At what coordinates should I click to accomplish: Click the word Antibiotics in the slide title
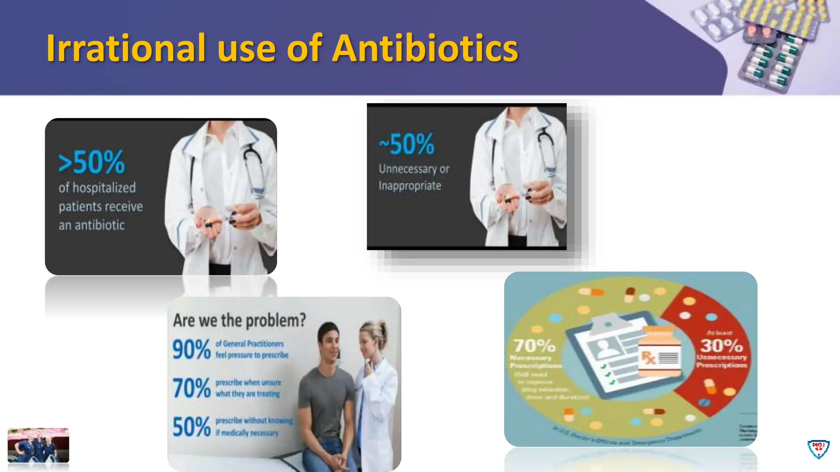pos(425,48)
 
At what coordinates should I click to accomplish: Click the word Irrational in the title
pos(126,48)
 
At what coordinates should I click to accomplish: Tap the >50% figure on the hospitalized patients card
pos(91,162)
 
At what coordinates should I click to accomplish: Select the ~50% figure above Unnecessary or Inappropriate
pos(406,144)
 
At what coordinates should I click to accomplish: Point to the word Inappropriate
pos(410,186)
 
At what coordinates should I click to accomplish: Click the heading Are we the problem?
pos(239,320)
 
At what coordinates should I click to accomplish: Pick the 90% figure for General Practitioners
pos(191,349)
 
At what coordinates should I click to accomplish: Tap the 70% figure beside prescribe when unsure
pos(191,388)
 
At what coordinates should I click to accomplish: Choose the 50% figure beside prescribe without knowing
pos(191,427)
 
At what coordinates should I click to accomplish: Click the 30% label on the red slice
pos(721,345)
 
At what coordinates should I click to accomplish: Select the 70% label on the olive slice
pos(534,346)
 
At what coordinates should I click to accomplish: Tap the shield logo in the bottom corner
pos(818,449)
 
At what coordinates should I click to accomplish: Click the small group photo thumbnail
pos(38,445)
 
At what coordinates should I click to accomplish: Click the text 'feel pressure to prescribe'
pos(252,355)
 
